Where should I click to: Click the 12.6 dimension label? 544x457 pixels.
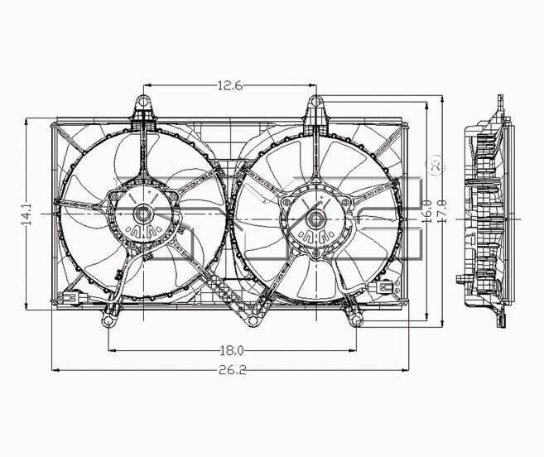coord(229,84)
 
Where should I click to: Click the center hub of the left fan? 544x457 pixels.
coord(142,214)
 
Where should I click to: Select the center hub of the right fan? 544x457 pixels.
coord(315,219)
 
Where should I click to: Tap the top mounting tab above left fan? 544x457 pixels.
coord(142,105)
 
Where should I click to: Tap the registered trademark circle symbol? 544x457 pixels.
coord(436,165)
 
